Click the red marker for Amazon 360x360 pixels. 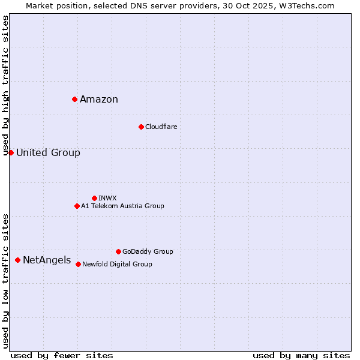pyautogui.click(x=74, y=99)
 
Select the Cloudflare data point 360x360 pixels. pyautogui.click(x=141, y=127)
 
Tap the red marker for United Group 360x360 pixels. pyautogui.click(x=11, y=152)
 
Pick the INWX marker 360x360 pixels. pyautogui.click(x=94, y=198)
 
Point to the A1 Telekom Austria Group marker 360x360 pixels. pyautogui.click(x=77, y=206)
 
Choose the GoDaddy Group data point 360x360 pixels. pyautogui.click(x=118, y=251)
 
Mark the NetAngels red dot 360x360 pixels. pyautogui.click(x=17, y=260)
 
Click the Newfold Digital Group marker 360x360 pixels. pyautogui.click(x=78, y=264)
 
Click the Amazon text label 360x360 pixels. pyautogui.click(x=99, y=100)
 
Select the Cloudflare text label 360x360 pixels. pyautogui.click(x=161, y=127)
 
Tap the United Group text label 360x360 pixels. pyautogui.click(x=48, y=152)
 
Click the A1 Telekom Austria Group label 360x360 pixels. pyautogui.click(x=122, y=206)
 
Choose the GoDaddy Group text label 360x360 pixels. pyautogui.click(x=148, y=251)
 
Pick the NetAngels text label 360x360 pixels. pyautogui.click(x=47, y=260)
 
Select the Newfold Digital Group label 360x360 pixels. pyautogui.click(x=117, y=264)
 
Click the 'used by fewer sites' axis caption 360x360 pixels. pyautogui.click(x=62, y=355)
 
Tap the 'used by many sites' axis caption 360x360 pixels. pyautogui.click(x=301, y=355)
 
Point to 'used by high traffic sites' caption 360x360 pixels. pyautogui.click(x=6, y=85)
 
